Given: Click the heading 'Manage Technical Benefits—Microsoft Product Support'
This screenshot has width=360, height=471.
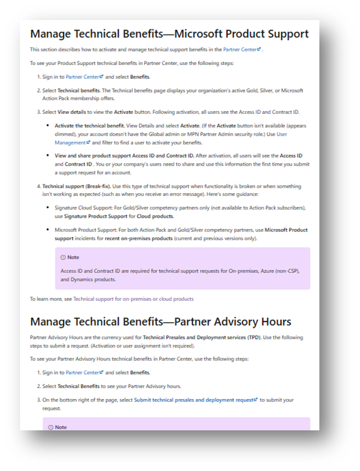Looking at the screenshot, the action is click(x=169, y=34).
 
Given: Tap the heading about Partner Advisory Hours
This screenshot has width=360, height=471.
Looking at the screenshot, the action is click(x=160, y=322).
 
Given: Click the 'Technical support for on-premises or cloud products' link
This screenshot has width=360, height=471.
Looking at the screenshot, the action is click(x=133, y=299).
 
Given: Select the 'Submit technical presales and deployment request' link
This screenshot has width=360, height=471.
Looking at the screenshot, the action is click(x=196, y=399).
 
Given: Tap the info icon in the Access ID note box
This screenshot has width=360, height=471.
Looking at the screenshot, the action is click(x=62, y=257).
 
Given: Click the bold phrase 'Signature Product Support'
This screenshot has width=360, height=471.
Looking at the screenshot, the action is click(x=102, y=216).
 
